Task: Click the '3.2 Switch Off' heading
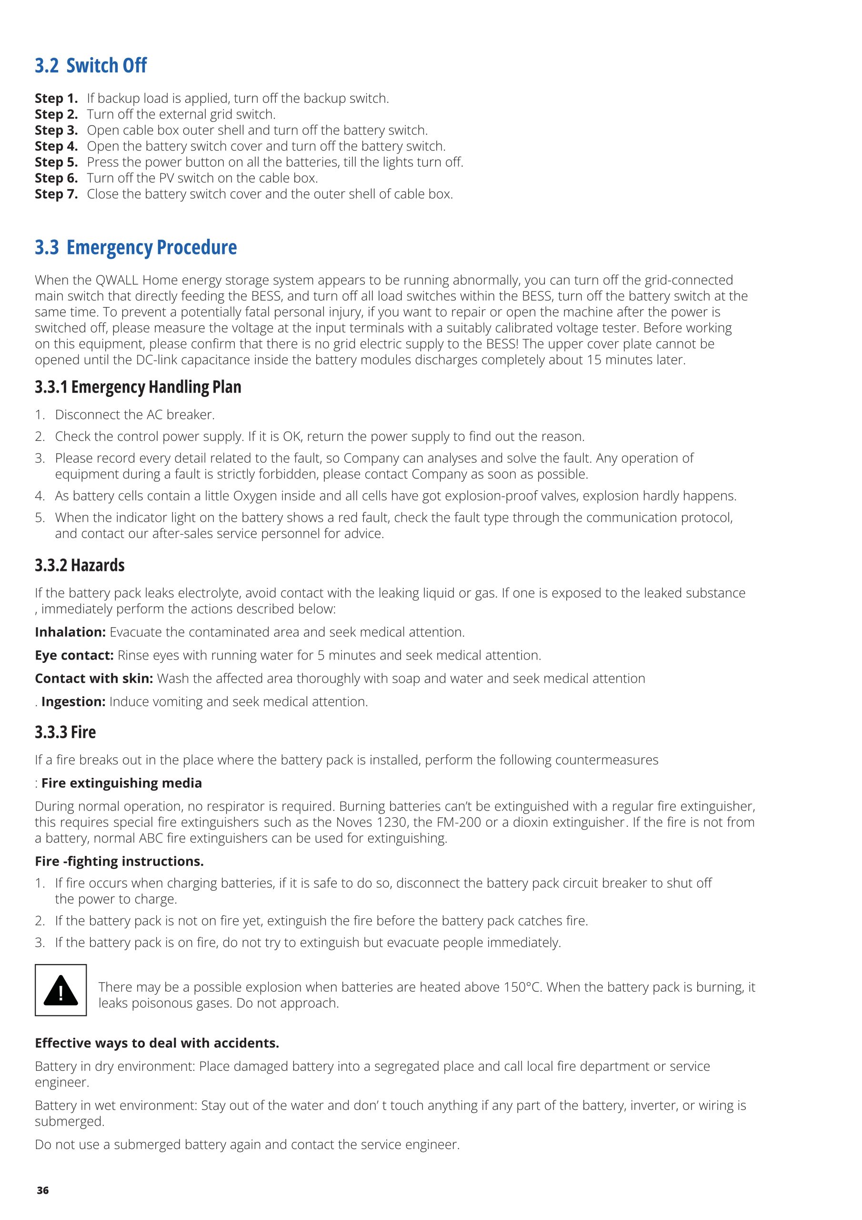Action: click(x=91, y=65)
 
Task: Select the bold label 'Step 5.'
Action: click(x=56, y=162)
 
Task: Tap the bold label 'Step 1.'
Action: click(x=56, y=98)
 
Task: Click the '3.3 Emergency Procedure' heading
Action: click(x=136, y=248)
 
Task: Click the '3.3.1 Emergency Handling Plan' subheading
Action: click(x=138, y=387)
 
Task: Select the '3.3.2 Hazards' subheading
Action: click(x=80, y=565)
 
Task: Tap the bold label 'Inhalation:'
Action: click(x=70, y=632)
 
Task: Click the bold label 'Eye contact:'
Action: click(x=74, y=655)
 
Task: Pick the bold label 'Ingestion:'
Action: click(x=73, y=701)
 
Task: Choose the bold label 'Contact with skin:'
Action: click(x=94, y=679)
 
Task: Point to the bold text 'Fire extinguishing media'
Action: click(x=121, y=783)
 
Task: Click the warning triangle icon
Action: click(x=60, y=990)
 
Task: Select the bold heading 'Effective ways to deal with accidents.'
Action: click(x=157, y=1043)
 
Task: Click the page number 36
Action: click(x=42, y=1190)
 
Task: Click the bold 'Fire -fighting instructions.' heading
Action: click(x=120, y=861)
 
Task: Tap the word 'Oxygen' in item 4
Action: click(x=255, y=496)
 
